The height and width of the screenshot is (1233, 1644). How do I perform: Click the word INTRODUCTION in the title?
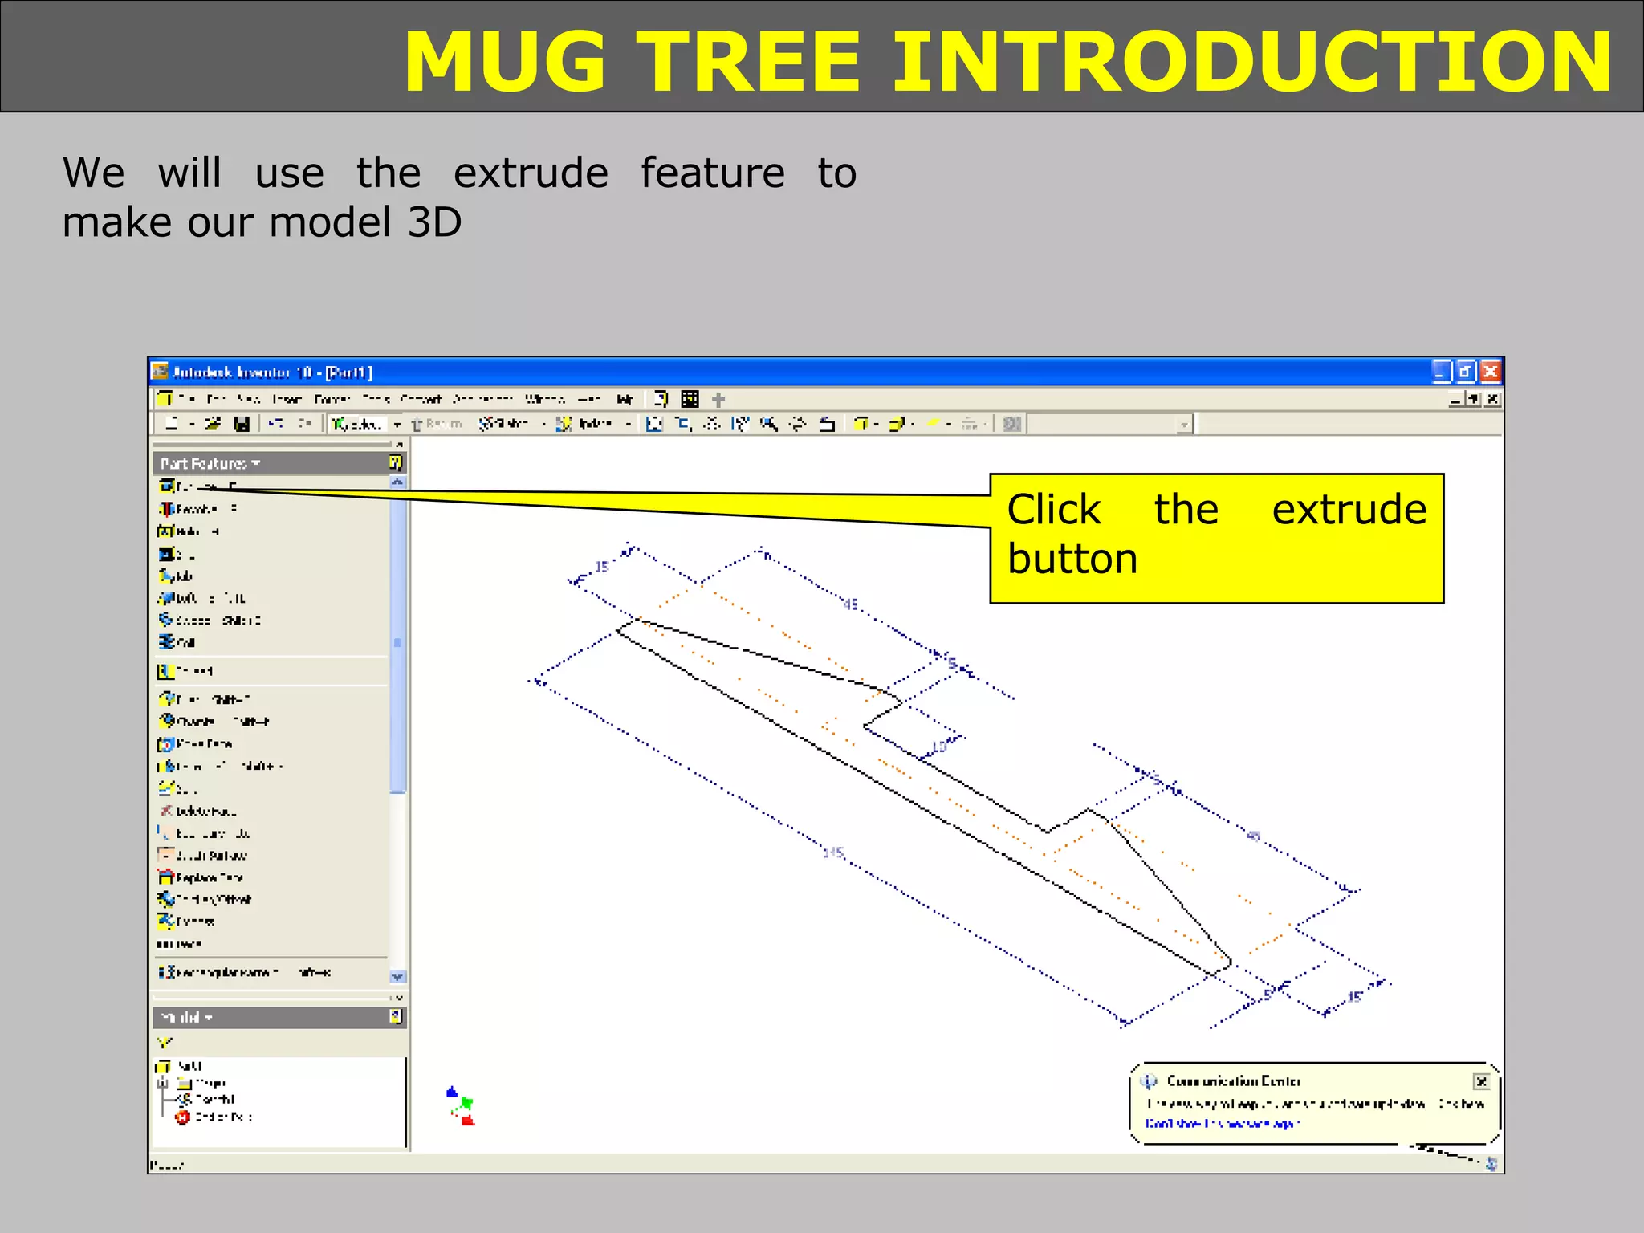click(x=1252, y=63)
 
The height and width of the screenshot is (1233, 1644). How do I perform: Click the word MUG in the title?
click(x=506, y=63)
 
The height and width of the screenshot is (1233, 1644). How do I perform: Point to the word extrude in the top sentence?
click(x=531, y=174)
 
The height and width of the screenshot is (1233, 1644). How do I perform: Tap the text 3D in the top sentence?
click(x=434, y=222)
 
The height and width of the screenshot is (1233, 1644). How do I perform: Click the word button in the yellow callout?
click(x=1072, y=559)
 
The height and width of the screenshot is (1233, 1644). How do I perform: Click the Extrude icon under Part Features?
click(x=166, y=486)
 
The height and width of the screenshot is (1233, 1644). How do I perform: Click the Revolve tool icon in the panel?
click(x=166, y=508)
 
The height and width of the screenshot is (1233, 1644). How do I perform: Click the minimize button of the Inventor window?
click(x=1441, y=372)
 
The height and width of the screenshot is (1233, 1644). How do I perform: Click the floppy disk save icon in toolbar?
click(x=241, y=423)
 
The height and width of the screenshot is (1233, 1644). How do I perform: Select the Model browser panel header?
click(x=186, y=1017)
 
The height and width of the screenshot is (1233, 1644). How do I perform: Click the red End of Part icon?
click(x=183, y=1117)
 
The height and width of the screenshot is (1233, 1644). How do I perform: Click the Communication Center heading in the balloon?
click(x=1233, y=1081)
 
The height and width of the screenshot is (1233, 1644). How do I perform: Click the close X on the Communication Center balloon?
click(x=1481, y=1081)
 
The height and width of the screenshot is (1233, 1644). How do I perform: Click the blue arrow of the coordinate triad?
click(x=452, y=1093)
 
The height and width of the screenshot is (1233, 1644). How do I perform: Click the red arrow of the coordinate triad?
click(x=468, y=1119)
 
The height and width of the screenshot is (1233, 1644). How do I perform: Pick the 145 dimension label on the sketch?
click(x=834, y=852)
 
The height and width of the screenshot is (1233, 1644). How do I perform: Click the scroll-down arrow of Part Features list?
click(x=397, y=976)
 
